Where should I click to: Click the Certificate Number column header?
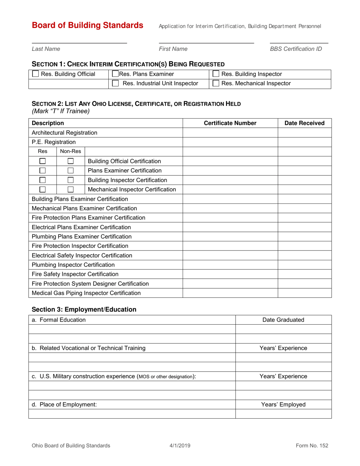(230, 123)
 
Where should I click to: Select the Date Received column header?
(305, 123)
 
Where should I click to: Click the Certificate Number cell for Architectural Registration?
(230, 133)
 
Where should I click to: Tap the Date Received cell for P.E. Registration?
(305, 142)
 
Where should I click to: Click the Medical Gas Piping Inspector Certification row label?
(87, 292)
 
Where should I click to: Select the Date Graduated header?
(283, 320)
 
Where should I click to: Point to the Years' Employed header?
(283, 404)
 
